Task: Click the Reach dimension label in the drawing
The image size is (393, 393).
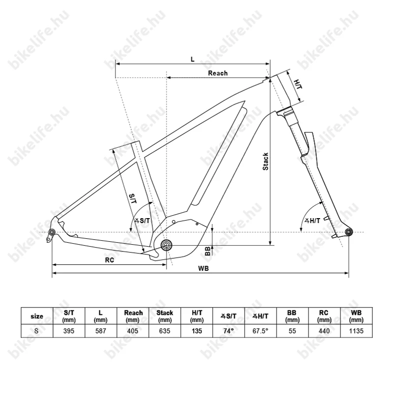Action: pyautogui.click(x=218, y=73)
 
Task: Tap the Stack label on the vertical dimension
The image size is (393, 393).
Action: pyautogui.click(x=266, y=161)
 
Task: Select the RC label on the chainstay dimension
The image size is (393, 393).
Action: pyautogui.click(x=109, y=260)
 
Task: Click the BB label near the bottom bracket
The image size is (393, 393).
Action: pyautogui.click(x=207, y=251)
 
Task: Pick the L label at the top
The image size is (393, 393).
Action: pyautogui.click(x=193, y=59)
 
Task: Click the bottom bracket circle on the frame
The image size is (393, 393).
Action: pyautogui.click(x=166, y=245)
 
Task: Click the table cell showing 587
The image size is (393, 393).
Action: pyautogui.click(x=101, y=331)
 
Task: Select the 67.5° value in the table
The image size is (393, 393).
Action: pyautogui.click(x=260, y=331)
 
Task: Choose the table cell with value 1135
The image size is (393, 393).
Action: pyautogui.click(x=356, y=331)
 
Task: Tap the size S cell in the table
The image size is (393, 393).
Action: pyautogui.click(x=37, y=331)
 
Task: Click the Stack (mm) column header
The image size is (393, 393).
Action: pyautogui.click(x=165, y=316)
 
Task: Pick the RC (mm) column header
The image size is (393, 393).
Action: pyautogui.click(x=324, y=316)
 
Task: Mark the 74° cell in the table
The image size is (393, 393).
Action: pyautogui.click(x=228, y=331)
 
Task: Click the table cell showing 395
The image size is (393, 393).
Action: pyautogui.click(x=69, y=331)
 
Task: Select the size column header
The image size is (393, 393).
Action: pyautogui.click(x=37, y=316)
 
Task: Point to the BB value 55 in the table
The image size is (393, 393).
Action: pyautogui.click(x=292, y=331)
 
